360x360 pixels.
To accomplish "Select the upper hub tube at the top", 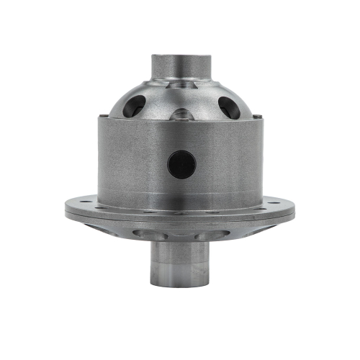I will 180,68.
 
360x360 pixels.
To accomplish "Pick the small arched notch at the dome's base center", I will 181,113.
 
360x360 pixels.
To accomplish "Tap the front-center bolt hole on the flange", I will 180,214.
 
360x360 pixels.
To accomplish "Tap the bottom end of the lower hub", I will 180,282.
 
